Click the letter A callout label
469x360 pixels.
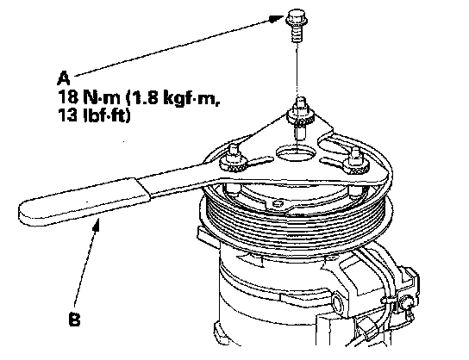(x=64, y=78)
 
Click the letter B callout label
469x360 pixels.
(x=74, y=319)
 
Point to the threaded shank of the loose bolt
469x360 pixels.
(x=297, y=34)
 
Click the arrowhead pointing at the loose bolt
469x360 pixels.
(x=276, y=18)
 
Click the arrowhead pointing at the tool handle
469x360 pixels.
(x=97, y=226)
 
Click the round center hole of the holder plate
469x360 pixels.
(x=296, y=153)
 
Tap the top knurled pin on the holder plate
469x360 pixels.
(x=300, y=113)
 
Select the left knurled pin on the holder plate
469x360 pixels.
(x=234, y=160)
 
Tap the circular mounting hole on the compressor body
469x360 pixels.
(x=337, y=304)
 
